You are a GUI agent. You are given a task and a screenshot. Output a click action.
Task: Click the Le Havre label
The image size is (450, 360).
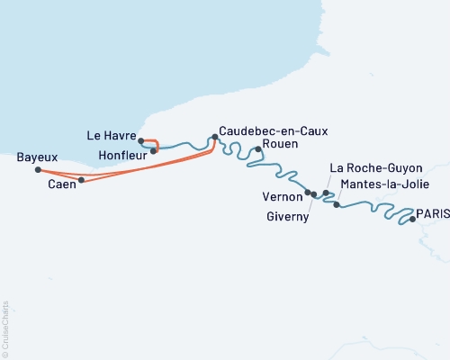(111, 136)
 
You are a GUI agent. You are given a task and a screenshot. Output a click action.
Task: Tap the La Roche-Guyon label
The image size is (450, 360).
(366, 167)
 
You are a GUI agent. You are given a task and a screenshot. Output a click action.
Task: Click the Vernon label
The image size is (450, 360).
(281, 195)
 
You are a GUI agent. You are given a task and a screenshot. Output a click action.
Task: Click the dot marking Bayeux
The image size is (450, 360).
(37, 169)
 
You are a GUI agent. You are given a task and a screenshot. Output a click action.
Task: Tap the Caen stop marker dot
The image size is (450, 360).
(81, 180)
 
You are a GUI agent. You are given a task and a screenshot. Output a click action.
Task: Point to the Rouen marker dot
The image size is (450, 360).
(257, 149)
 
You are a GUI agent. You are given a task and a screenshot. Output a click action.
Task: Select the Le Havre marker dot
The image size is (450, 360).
(141, 139)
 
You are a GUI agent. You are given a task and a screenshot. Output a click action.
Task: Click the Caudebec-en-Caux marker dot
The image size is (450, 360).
(214, 137)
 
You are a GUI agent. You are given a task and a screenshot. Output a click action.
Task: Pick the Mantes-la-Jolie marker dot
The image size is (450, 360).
(337, 205)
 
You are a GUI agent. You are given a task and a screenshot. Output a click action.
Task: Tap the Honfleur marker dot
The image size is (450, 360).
(154, 150)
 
